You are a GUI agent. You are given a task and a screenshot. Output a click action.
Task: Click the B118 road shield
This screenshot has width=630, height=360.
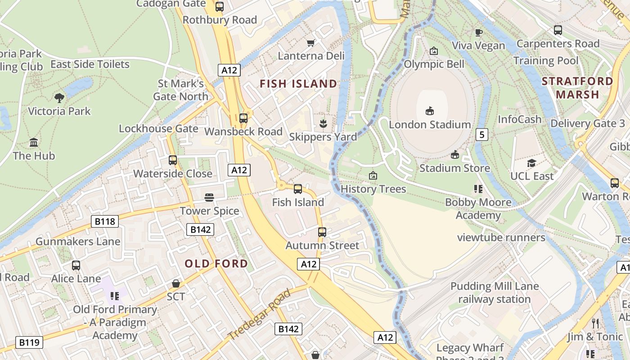pyautogui.click(x=105, y=221)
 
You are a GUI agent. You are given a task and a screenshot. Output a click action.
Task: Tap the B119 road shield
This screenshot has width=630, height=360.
pyautogui.click(x=30, y=342)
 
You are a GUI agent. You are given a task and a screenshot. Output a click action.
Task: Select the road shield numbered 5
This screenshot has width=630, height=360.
pyautogui.click(x=482, y=134)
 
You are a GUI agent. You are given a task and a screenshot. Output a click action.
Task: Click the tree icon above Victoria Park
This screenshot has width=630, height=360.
pyautogui.click(x=59, y=98)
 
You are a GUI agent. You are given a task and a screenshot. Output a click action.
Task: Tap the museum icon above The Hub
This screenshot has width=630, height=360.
pyautogui.click(x=34, y=143)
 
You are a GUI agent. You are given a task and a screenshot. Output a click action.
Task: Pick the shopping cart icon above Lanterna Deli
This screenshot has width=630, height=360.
pyautogui.click(x=310, y=43)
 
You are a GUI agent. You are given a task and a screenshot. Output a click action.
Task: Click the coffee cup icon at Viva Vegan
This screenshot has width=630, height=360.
pyautogui.click(x=478, y=32)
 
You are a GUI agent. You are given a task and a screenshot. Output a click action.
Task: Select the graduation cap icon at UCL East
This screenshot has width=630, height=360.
pyautogui.click(x=531, y=163)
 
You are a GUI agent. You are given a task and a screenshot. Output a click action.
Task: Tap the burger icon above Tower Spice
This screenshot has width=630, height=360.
pyautogui.click(x=209, y=198)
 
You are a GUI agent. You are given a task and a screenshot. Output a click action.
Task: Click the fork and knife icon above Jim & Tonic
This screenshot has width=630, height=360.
pyautogui.click(x=595, y=323)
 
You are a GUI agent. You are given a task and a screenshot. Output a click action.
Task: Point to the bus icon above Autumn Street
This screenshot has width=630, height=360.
pyautogui.click(x=322, y=232)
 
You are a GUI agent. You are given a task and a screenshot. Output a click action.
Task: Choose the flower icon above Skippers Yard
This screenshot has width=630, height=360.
pyautogui.click(x=323, y=123)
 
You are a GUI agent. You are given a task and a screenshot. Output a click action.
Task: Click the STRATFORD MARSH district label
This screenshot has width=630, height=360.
pyautogui.click(x=577, y=88)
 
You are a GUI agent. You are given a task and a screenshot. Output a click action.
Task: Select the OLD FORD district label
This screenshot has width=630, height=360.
pyautogui.click(x=216, y=264)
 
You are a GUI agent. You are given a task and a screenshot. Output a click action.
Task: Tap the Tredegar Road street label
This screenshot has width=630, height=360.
pyautogui.click(x=259, y=315)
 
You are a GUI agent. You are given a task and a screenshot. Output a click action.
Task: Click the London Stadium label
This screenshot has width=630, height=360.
pyautogui.click(x=430, y=125)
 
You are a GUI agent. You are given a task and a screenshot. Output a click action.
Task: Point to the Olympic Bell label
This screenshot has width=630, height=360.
pyautogui.click(x=434, y=64)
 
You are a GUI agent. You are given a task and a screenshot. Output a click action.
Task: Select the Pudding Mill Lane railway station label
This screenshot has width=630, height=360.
pyautogui.click(x=495, y=292)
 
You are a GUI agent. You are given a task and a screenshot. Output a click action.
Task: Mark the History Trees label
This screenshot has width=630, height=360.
pyautogui.click(x=373, y=189)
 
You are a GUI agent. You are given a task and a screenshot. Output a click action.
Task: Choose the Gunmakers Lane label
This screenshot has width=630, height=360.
pyautogui.click(x=78, y=242)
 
